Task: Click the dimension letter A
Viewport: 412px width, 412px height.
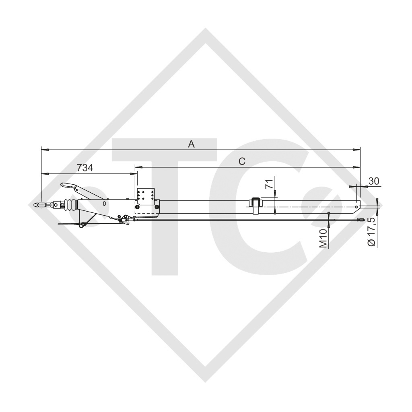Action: point(192,144)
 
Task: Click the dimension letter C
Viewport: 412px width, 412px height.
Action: point(242,161)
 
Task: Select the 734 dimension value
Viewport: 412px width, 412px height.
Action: point(85,168)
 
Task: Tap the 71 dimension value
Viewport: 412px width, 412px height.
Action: point(270,184)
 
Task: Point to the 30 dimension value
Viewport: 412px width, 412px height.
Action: point(374,181)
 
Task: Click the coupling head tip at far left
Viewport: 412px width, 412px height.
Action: point(39,205)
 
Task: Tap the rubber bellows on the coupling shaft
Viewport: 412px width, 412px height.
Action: point(70,205)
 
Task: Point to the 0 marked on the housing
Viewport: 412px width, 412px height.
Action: point(104,204)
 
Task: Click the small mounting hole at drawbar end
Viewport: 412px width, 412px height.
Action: point(355,208)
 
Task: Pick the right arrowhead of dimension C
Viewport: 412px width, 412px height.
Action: point(358,167)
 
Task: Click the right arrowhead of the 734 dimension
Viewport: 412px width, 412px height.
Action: point(134,174)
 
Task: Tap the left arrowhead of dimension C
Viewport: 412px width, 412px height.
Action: point(138,167)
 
